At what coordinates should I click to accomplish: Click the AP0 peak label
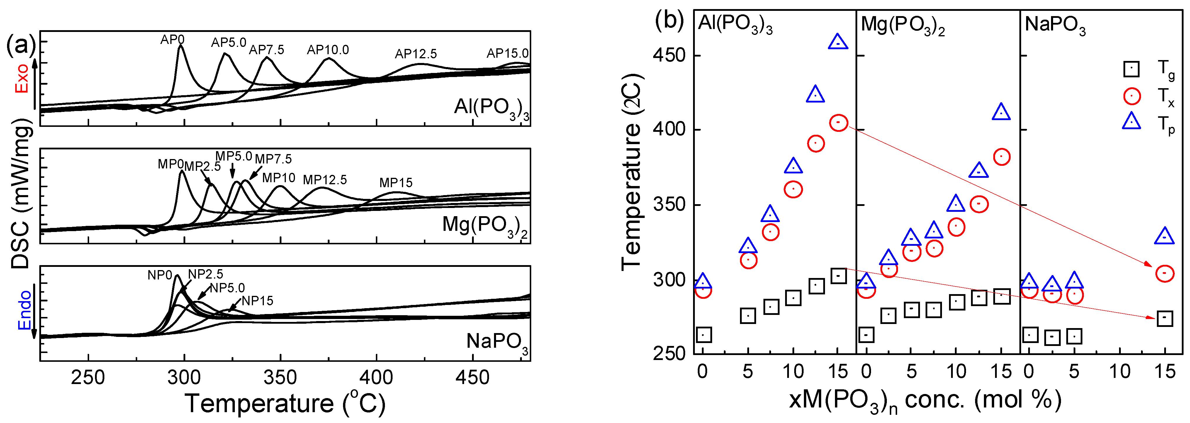coord(172,40)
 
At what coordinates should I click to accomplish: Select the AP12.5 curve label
coord(415,54)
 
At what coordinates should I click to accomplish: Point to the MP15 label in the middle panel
coord(396,183)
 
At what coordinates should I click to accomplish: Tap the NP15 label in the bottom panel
coord(257,301)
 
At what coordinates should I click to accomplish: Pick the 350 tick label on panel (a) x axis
coord(280,378)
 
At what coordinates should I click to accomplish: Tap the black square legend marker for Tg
coord(1131,69)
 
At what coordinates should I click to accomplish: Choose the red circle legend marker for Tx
coord(1131,96)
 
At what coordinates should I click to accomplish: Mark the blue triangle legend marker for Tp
coord(1131,122)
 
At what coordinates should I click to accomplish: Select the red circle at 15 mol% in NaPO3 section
coord(1164,273)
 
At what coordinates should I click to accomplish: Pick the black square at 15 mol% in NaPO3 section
coord(1164,318)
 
